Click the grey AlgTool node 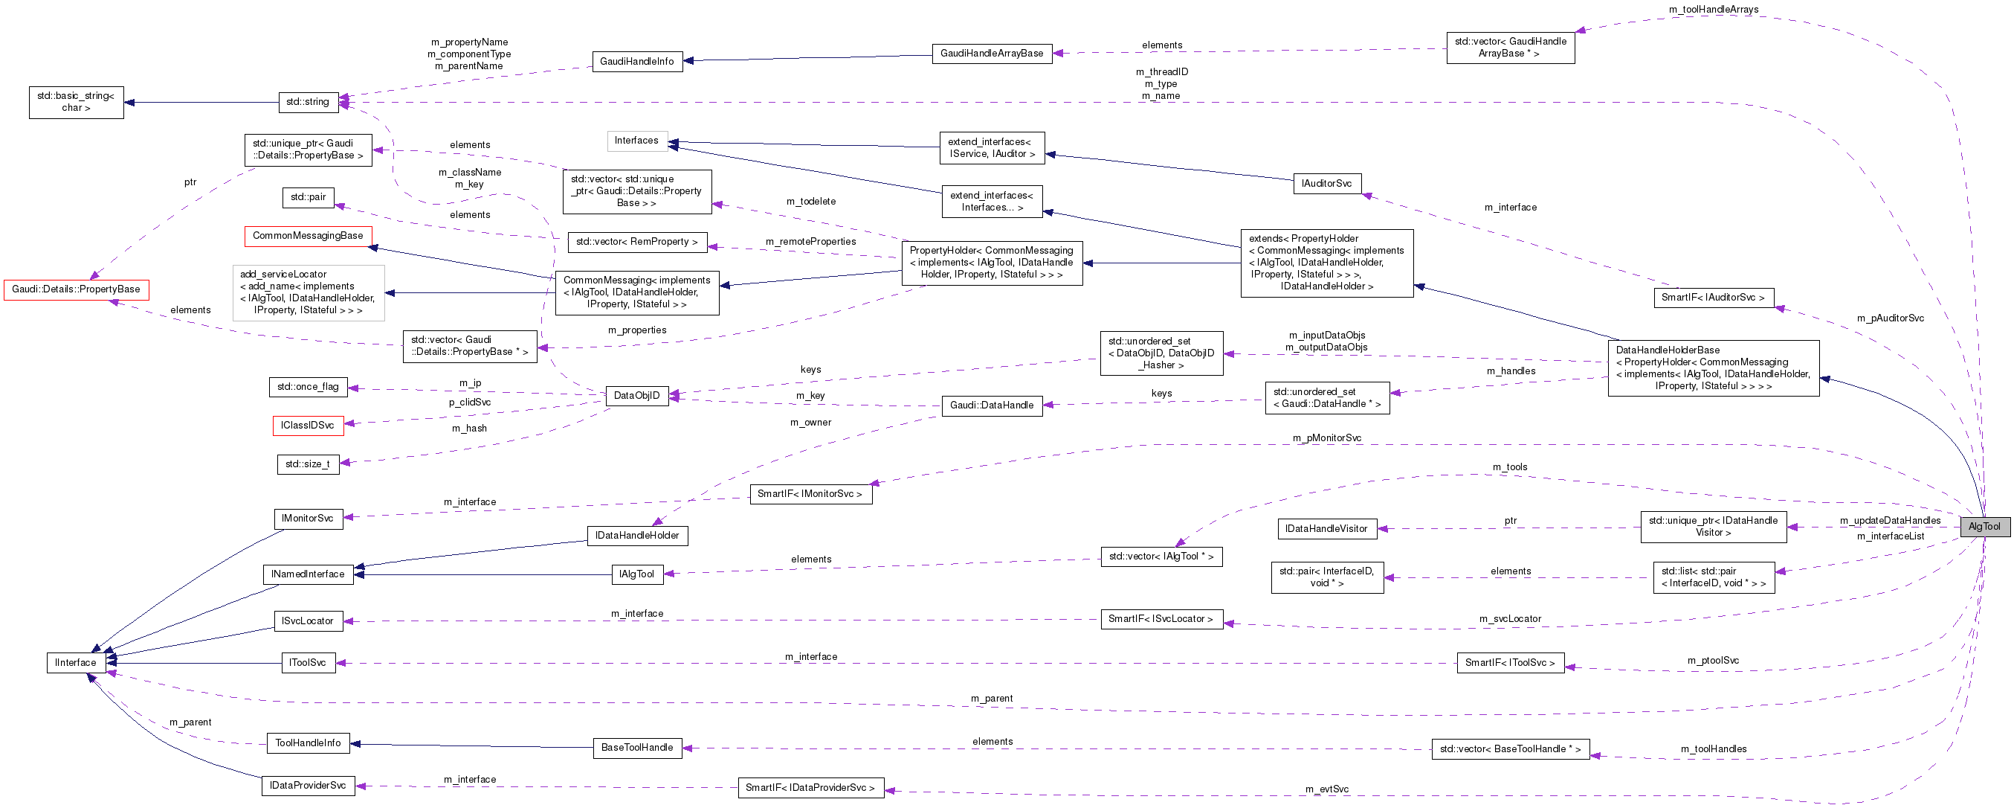(x=1984, y=527)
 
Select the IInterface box (x=76, y=662)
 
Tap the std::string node (x=308, y=102)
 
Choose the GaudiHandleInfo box (x=636, y=61)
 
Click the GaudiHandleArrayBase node (x=991, y=53)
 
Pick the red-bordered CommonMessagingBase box (x=308, y=235)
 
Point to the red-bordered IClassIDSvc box (x=307, y=426)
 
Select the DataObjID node (x=636, y=396)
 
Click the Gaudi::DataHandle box (x=991, y=405)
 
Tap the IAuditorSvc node (x=1326, y=184)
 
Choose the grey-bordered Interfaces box (x=636, y=141)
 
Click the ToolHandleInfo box (x=308, y=743)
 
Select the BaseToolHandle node (x=636, y=748)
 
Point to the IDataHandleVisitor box (x=1326, y=529)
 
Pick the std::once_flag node (x=308, y=386)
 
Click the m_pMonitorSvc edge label (x=1327, y=438)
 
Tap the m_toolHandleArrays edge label (x=1713, y=10)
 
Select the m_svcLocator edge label (x=1510, y=619)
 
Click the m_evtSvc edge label (x=1327, y=789)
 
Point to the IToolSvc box (x=308, y=662)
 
